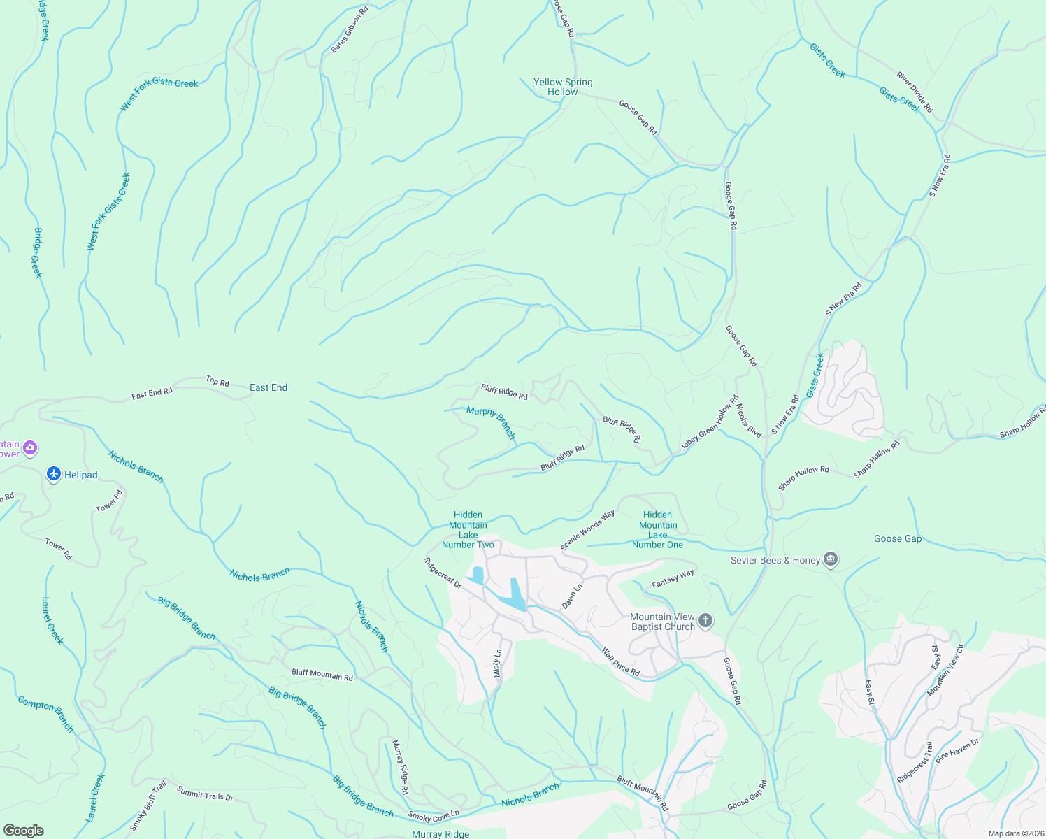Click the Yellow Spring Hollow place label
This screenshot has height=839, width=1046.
[563, 87]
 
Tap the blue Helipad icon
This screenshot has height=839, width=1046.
[54, 475]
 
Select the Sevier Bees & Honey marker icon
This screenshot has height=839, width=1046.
[831, 560]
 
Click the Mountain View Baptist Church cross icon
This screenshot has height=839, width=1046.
[705, 621]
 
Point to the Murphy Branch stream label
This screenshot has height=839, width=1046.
[491, 422]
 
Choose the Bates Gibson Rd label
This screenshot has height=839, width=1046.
[350, 30]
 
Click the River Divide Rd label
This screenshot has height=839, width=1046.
[915, 92]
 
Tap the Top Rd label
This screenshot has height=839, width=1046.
[217, 381]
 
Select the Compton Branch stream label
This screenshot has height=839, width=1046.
[45, 713]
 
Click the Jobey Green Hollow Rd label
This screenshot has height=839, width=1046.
[710, 424]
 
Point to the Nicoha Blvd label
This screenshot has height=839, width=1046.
[748, 419]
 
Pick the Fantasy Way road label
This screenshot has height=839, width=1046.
[673, 578]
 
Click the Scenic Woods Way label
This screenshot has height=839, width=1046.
[587, 529]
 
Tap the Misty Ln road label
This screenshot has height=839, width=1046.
[498, 664]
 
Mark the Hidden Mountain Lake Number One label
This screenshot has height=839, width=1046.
[657, 529]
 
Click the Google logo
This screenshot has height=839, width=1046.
[23, 831]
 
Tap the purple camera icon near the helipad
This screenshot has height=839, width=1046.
[29, 447]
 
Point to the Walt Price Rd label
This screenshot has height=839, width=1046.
[620, 661]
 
